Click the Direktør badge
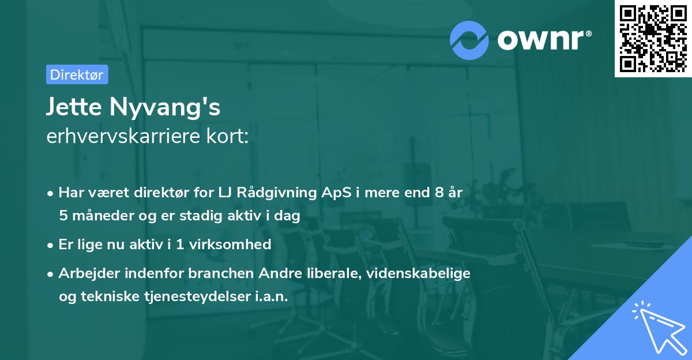[x=77, y=74]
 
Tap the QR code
[x=653, y=39]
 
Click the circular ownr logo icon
[x=469, y=40]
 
